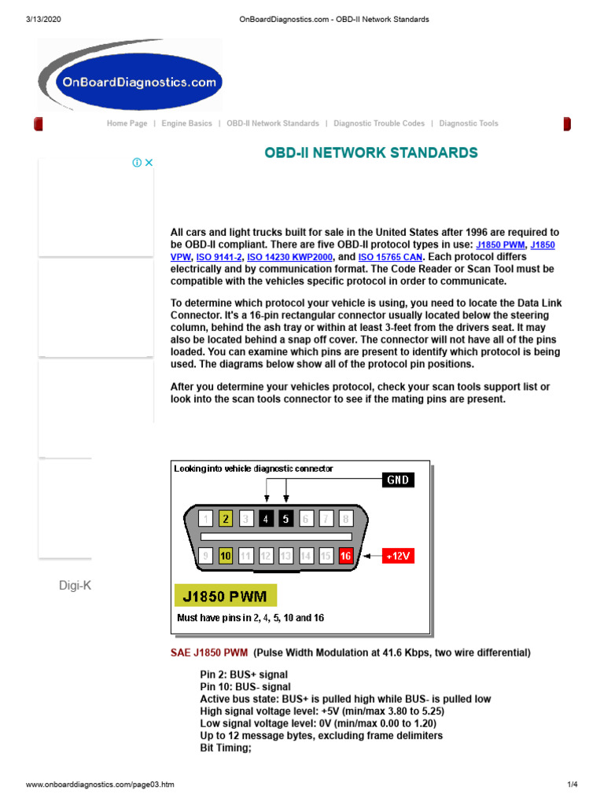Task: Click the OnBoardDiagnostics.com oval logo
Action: point(131,82)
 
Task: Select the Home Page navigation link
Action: point(127,123)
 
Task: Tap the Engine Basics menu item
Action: point(186,123)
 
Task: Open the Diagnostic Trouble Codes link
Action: point(379,123)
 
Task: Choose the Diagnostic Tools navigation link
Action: point(469,123)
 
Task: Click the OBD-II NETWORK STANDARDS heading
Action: point(371,153)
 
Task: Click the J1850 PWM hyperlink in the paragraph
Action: point(500,245)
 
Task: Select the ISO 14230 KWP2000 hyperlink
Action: point(291,257)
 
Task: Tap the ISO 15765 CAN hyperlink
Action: point(391,257)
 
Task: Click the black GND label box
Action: point(398,480)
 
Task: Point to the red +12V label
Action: point(398,556)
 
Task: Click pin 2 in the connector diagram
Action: point(226,518)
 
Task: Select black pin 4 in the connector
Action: point(266,518)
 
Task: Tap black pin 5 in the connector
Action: point(286,518)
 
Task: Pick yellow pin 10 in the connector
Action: point(226,556)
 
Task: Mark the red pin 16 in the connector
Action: point(345,556)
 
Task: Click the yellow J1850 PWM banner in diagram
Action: point(225,597)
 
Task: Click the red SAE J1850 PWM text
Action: point(209,652)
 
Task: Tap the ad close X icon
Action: point(149,163)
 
